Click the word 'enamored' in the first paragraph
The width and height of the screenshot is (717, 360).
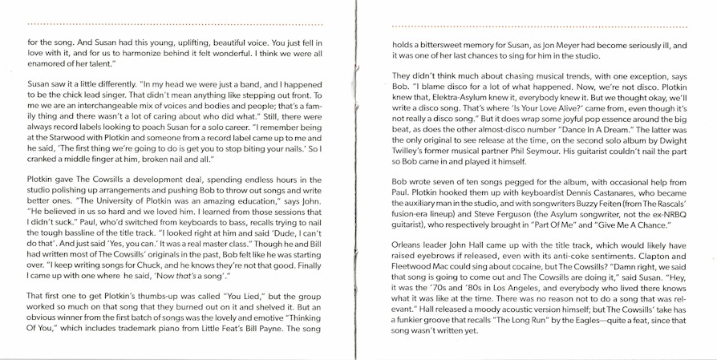[46, 63]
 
